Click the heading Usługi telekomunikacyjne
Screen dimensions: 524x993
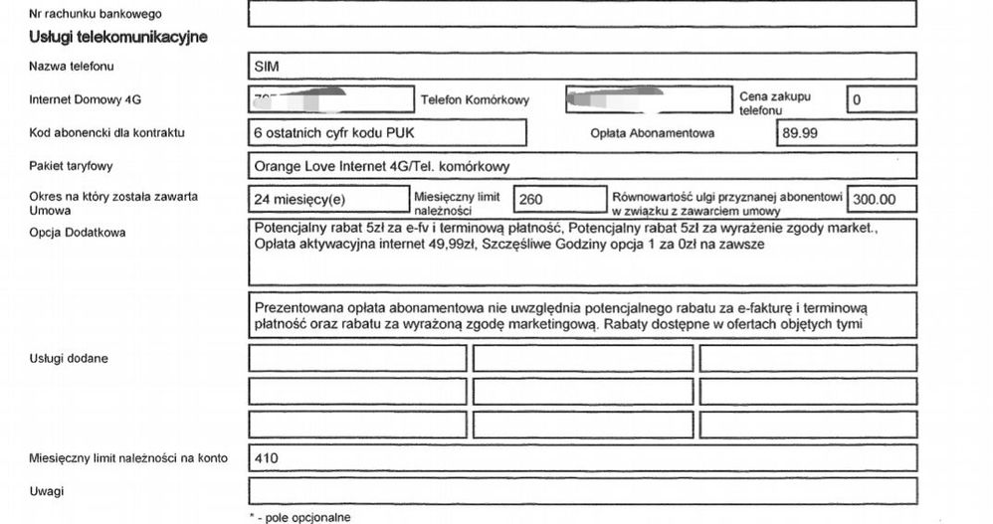coord(118,38)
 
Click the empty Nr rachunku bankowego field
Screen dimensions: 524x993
coord(581,14)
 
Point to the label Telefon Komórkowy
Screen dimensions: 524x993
coord(475,100)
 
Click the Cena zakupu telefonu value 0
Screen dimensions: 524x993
coord(857,100)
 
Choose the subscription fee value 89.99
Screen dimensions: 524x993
coord(803,132)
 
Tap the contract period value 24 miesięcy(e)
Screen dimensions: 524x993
coord(298,200)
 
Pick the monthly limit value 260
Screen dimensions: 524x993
coord(531,200)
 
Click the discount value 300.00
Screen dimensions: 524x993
coord(874,200)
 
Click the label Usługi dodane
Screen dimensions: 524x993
coord(70,357)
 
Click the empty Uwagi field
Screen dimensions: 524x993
coord(581,491)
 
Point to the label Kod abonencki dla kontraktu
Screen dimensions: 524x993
coord(107,132)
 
